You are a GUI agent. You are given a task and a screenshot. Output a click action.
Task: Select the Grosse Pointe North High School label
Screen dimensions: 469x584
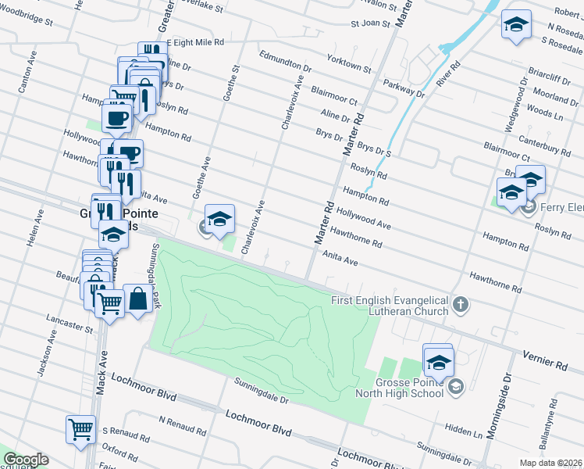[x=400, y=388]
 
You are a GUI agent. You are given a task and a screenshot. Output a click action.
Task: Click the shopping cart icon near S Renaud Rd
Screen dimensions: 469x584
[x=80, y=429]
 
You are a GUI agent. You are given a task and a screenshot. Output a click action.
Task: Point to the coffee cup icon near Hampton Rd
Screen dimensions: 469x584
[x=116, y=118]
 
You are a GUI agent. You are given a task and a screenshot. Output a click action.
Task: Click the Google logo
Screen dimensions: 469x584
[x=26, y=460]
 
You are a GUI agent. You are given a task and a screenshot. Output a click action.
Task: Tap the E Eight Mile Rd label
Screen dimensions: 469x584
[x=194, y=41]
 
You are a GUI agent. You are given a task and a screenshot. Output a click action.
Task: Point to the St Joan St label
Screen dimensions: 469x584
[x=370, y=23]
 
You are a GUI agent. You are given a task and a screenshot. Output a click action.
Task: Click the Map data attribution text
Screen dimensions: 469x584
[x=551, y=463]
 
